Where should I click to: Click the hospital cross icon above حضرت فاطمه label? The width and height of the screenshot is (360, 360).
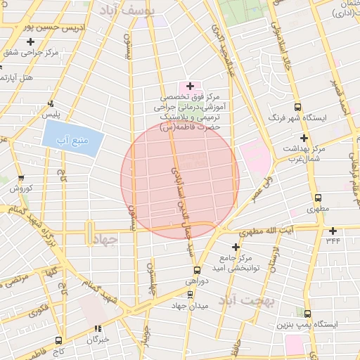pos(190,85)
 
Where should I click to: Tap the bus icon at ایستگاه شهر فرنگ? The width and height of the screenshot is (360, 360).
pos(298,108)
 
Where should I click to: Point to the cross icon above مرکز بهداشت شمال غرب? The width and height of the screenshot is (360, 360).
pos(304,138)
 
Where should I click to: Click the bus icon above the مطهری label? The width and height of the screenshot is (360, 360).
pos(318,198)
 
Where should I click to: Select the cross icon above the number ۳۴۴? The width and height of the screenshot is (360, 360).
pos(332,230)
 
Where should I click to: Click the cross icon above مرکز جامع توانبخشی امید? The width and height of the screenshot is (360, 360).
pos(236,247)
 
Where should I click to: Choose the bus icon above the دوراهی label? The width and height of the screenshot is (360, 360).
pos(196,270)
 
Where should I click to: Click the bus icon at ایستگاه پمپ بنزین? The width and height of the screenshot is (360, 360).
pos(307,314)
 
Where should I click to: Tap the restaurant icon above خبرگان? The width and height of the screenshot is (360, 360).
pos(98,328)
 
